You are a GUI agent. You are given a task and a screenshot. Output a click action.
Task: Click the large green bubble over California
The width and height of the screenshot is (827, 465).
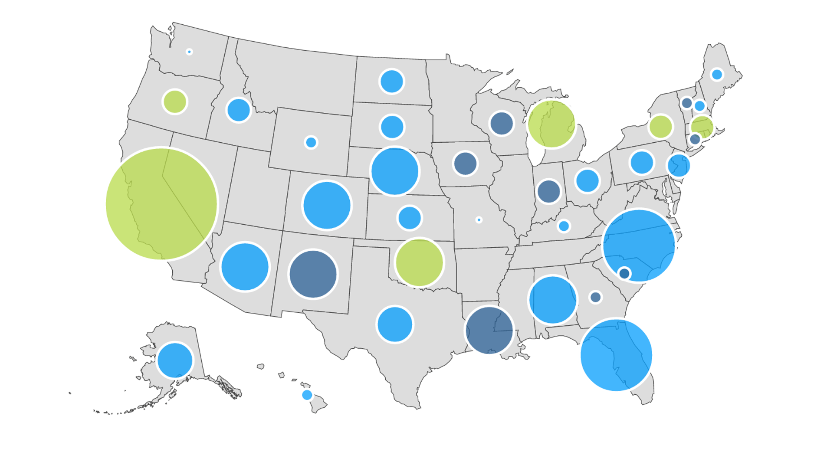(x=161, y=204)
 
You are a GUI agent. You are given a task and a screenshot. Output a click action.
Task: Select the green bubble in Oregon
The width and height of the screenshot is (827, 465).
(x=174, y=102)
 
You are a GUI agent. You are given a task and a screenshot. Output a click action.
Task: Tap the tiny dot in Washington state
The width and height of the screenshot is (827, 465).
(x=189, y=52)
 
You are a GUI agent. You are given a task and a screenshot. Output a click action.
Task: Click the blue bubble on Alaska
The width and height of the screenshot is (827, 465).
(x=175, y=360)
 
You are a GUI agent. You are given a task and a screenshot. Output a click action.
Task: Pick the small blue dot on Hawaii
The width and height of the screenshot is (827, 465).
(x=307, y=395)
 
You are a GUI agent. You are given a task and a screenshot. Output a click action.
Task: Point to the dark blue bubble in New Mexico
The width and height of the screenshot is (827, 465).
(x=313, y=274)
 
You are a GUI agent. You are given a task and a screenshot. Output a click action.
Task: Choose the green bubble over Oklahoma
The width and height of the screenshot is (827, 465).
(x=419, y=262)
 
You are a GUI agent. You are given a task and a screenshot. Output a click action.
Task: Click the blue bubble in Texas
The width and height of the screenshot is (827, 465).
(x=395, y=324)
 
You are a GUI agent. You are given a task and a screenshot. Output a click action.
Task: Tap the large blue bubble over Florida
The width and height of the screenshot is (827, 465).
(x=616, y=355)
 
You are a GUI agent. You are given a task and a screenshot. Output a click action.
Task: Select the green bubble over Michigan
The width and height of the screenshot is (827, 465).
(x=551, y=124)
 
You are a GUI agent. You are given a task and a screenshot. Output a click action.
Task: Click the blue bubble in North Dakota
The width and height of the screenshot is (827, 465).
(x=392, y=81)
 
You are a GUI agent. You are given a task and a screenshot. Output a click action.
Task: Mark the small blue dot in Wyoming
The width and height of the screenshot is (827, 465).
(x=311, y=142)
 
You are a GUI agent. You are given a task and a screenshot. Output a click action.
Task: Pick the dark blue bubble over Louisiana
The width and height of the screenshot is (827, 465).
(x=489, y=331)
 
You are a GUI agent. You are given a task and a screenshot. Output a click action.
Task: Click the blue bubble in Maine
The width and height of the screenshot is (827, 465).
(x=717, y=75)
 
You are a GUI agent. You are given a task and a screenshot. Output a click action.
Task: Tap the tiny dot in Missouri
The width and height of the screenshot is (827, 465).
(x=479, y=220)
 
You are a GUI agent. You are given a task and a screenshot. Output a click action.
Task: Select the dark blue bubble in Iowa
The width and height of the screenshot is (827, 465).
(x=465, y=164)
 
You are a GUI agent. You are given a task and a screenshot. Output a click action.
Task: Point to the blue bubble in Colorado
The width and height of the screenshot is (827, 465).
(x=327, y=205)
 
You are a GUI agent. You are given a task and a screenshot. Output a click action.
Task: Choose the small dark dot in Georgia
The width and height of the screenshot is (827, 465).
(x=595, y=297)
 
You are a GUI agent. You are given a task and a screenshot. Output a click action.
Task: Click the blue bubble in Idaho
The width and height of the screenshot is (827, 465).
(x=239, y=110)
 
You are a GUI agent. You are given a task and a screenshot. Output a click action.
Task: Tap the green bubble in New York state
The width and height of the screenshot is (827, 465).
(x=660, y=127)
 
